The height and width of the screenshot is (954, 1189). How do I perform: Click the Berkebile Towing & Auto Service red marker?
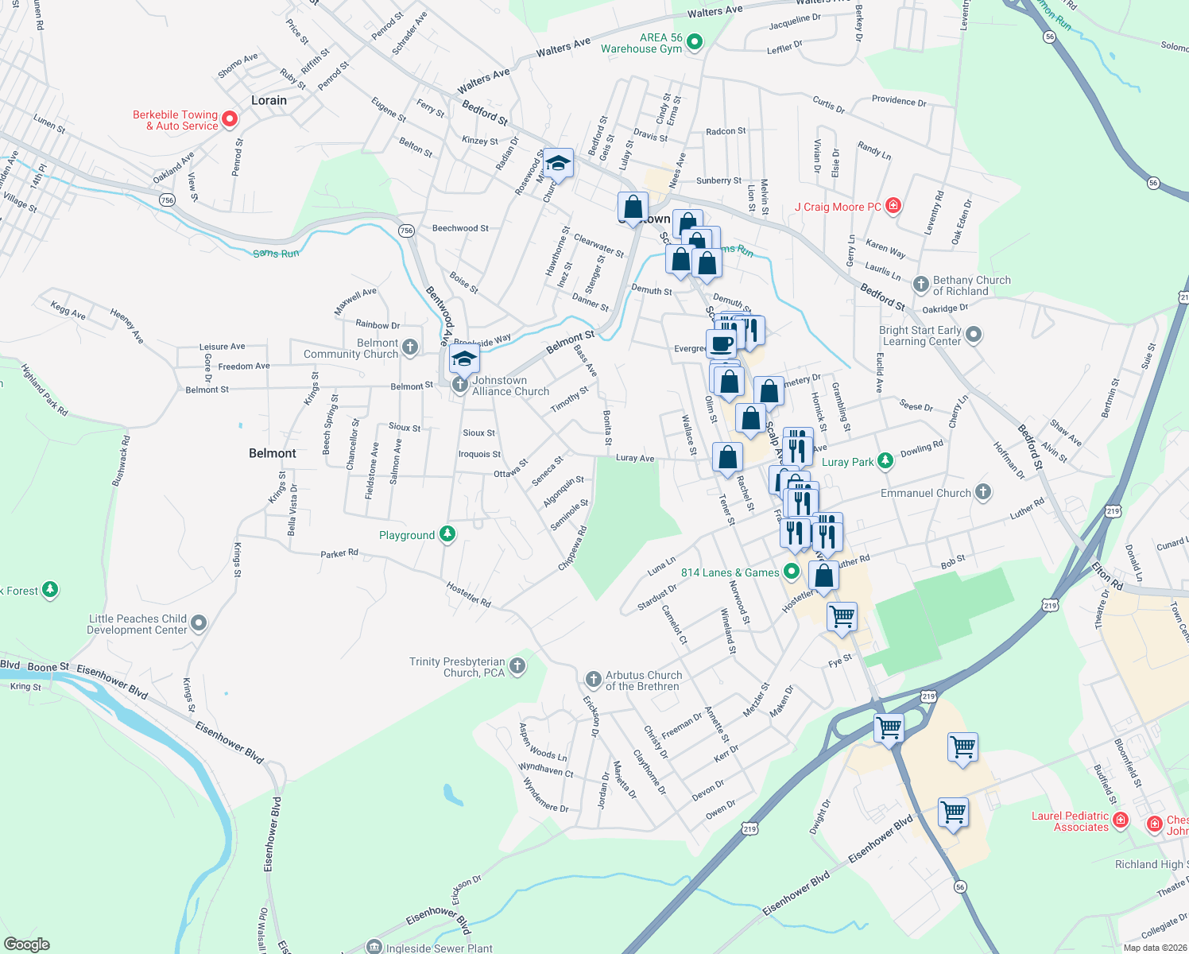(x=230, y=119)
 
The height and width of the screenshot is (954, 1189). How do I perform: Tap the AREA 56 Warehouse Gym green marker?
(x=695, y=41)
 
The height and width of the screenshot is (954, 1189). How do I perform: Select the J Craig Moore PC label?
(x=838, y=207)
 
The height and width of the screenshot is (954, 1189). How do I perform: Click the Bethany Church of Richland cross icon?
(x=921, y=285)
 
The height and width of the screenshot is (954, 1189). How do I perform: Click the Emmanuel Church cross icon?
(x=983, y=492)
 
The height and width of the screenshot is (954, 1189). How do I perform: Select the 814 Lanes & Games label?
(x=730, y=572)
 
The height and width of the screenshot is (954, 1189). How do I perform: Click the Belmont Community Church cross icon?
(x=410, y=347)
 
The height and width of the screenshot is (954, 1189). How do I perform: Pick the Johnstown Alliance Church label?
(x=510, y=386)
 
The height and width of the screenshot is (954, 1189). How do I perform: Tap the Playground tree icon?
(x=447, y=534)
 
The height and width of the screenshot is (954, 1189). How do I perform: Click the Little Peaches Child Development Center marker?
(x=199, y=623)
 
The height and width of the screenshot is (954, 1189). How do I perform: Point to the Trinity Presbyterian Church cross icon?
(x=517, y=665)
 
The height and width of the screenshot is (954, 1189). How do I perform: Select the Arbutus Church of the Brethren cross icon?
(x=593, y=679)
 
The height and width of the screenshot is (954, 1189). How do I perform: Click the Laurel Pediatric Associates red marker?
(x=1121, y=820)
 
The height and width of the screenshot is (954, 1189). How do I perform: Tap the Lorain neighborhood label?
(x=269, y=100)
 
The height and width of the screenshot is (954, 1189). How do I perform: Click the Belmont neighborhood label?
(x=273, y=453)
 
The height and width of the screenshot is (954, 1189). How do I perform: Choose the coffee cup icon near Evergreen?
(x=722, y=344)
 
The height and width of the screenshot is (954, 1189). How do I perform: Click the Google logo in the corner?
(x=27, y=944)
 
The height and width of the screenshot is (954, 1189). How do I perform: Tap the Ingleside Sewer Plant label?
(x=439, y=948)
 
